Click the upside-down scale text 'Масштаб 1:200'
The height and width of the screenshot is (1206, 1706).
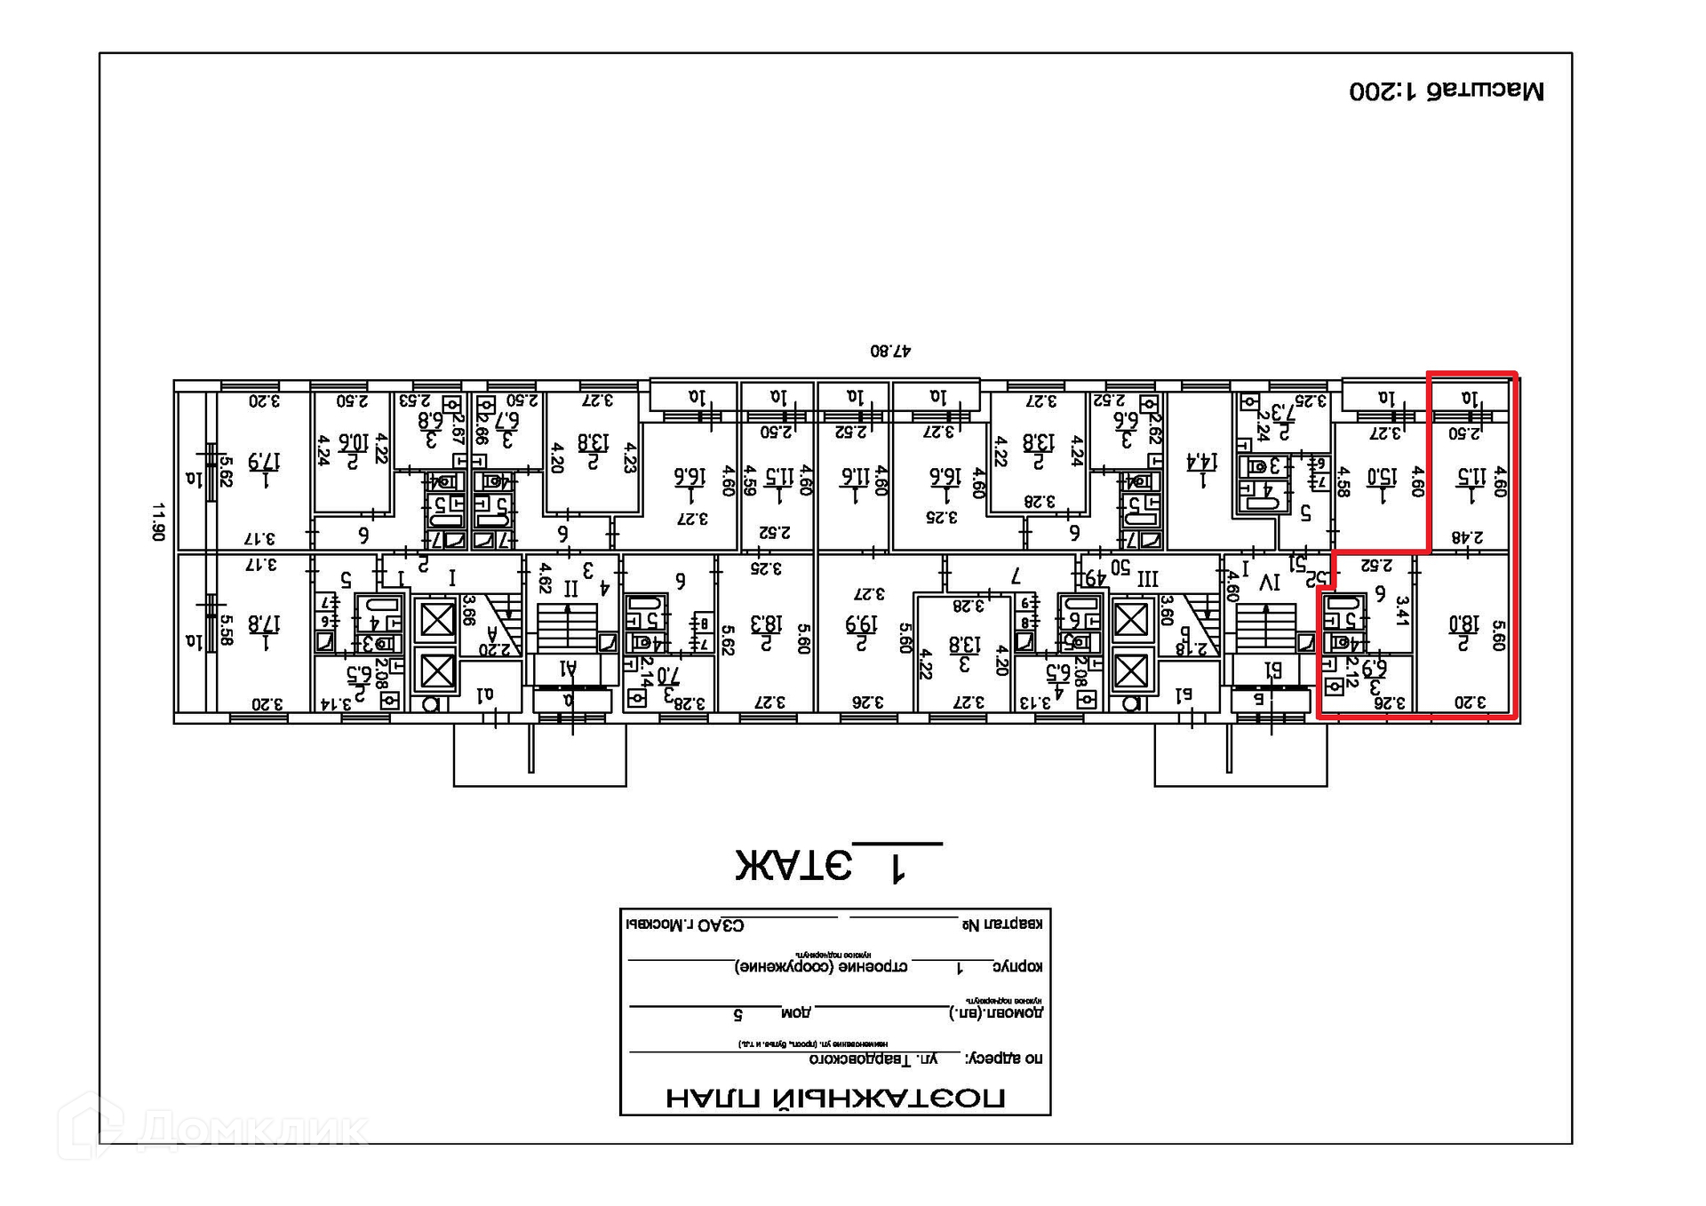click(x=1447, y=91)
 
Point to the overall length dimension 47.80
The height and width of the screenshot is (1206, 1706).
click(x=890, y=351)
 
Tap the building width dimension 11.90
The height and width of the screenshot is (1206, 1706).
click(x=158, y=521)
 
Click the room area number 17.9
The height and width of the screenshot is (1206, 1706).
click(x=264, y=462)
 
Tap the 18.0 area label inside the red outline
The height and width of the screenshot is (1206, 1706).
click(x=1463, y=624)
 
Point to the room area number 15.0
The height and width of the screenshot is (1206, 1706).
click(x=1382, y=477)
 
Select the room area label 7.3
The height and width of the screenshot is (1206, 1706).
click(x=1283, y=414)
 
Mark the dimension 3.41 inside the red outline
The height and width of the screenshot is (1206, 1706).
click(x=1403, y=610)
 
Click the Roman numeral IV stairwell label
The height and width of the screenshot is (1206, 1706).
click(x=1270, y=583)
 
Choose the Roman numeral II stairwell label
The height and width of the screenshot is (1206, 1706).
click(x=570, y=588)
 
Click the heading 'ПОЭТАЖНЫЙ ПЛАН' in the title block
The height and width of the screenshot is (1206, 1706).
click(x=835, y=1099)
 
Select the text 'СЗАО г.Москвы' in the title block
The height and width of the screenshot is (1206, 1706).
click(x=685, y=924)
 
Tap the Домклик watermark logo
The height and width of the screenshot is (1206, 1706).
click(x=213, y=1128)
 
